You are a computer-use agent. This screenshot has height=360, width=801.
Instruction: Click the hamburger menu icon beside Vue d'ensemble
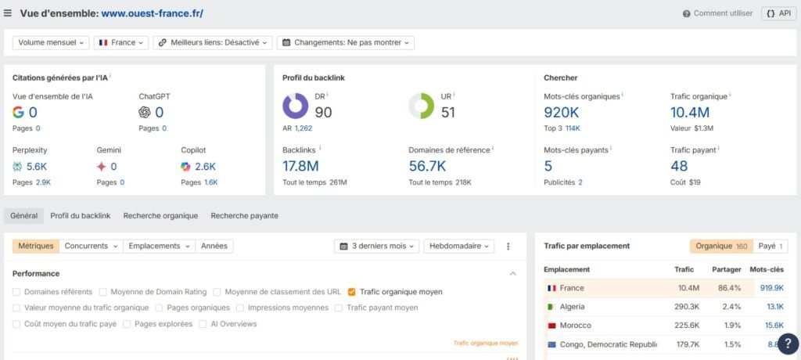coord(8,13)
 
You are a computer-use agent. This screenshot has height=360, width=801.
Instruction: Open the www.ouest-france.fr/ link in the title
coord(152,13)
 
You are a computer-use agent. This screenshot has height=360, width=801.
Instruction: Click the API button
coord(778,13)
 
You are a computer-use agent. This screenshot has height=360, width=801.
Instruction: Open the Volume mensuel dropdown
coord(51,42)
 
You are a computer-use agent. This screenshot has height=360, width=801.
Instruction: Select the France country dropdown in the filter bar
coord(121,42)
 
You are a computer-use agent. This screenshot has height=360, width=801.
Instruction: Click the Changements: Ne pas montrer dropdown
coord(346,42)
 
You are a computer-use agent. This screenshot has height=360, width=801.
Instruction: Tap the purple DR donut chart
coord(295,106)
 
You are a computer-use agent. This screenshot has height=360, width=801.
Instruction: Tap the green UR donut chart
coord(421,106)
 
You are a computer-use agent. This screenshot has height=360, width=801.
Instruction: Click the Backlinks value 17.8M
coord(300,166)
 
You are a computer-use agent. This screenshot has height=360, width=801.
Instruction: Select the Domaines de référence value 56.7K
coord(427,166)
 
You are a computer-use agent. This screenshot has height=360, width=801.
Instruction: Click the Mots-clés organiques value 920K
coord(561,113)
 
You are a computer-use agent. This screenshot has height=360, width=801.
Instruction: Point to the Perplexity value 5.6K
coord(36,166)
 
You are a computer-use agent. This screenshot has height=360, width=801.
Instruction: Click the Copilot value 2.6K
coord(205,166)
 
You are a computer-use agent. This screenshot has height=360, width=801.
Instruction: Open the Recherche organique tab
coord(160,215)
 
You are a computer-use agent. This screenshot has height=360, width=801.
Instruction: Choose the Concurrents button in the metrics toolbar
coord(91,246)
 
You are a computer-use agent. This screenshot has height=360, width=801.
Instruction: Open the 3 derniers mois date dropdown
coord(377,246)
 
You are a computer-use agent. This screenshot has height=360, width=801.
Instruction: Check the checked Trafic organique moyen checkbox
coord(352,292)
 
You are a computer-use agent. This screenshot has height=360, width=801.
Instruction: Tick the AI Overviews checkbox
coord(203,323)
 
